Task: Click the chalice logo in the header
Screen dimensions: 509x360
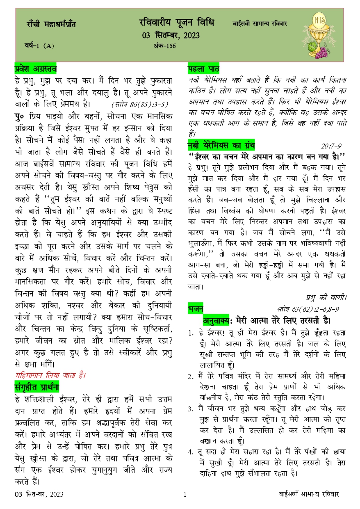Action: [x=320, y=36]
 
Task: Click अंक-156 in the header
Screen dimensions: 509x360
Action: [x=164, y=46]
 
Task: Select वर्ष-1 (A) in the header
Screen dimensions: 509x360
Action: [x=39, y=46]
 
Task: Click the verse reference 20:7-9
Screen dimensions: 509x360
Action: [x=331, y=146]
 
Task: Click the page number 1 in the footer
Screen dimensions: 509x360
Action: [x=185, y=495]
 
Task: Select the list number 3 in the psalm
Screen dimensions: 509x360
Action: [x=191, y=409]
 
